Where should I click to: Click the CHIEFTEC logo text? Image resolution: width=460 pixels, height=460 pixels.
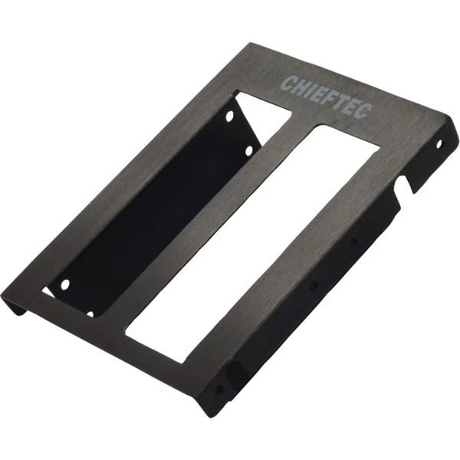327,97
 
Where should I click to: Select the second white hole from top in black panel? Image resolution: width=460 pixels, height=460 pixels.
248,151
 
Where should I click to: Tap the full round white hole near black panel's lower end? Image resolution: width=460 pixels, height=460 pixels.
65,284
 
